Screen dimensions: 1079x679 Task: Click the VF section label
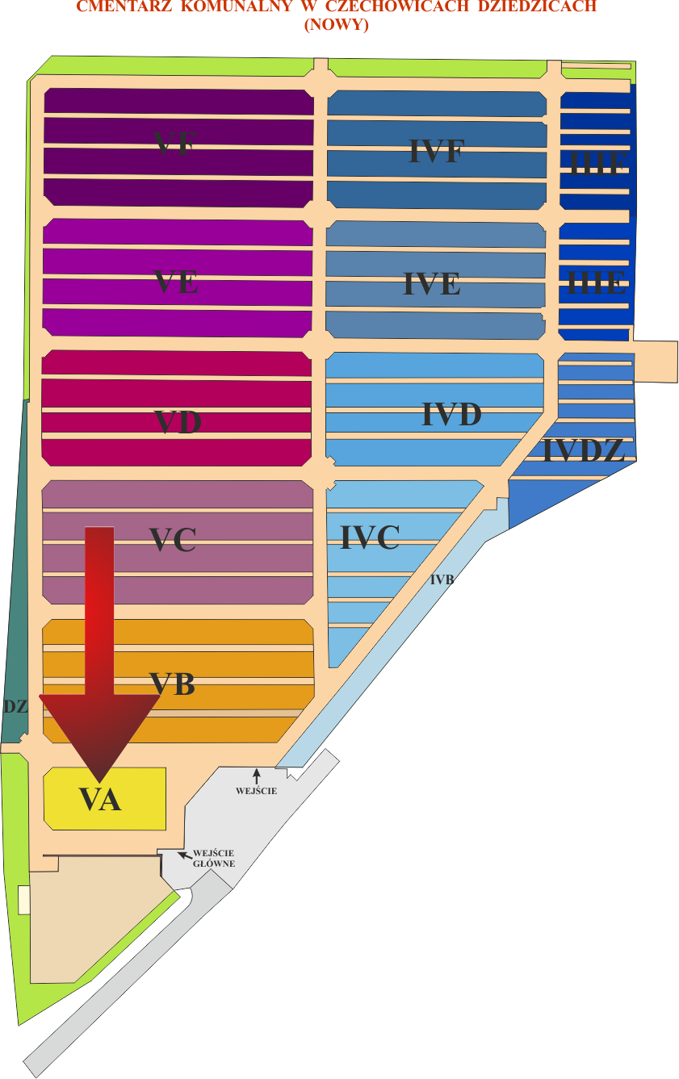175,142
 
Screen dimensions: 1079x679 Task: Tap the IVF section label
436,151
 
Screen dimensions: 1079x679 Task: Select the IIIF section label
597,164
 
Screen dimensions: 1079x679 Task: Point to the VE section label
176,282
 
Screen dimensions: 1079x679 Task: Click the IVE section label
432,284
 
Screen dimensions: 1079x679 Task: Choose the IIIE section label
596,282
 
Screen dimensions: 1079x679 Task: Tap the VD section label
178,422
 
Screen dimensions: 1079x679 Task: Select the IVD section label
451,415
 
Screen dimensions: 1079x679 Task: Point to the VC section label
173,540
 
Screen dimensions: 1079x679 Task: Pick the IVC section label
370,537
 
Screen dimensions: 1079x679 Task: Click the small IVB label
442,579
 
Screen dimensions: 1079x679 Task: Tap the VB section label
173,684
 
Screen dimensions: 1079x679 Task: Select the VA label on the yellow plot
100,800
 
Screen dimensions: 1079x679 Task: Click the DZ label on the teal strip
15,707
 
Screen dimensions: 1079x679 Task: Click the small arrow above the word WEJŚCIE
257,776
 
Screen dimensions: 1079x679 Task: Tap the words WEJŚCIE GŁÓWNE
214,858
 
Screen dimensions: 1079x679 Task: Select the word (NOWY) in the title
336,25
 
